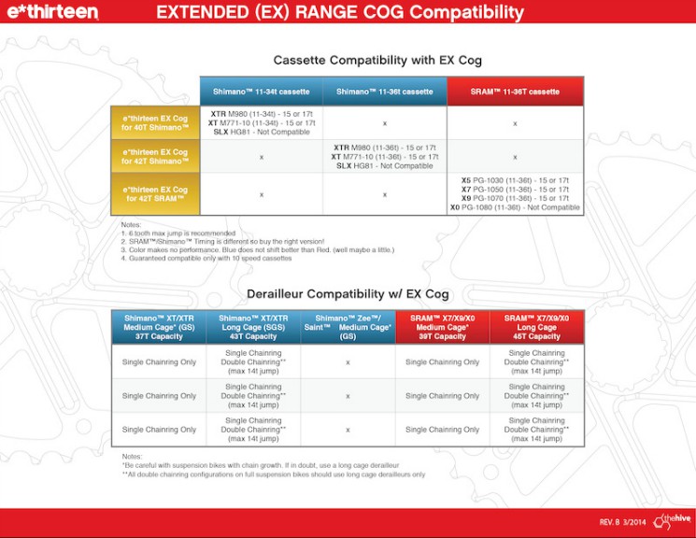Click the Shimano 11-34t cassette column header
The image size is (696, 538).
point(261,92)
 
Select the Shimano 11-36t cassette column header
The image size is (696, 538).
point(385,92)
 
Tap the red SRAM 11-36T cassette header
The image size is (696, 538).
point(515,92)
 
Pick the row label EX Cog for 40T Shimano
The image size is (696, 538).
point(155,123)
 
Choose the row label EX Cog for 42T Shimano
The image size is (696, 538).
point(155,157)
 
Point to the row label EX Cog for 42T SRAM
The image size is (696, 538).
point(155,194)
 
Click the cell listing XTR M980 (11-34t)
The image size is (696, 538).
point(261,123)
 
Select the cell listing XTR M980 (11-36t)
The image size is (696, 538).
point(385,157)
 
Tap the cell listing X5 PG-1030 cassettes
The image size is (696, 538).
point(515,194)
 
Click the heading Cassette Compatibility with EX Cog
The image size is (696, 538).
point(376,61)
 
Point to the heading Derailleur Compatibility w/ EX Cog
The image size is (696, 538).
point(348,294)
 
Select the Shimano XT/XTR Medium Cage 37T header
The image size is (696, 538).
point(160,328)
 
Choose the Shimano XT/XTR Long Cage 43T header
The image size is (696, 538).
point(253,328)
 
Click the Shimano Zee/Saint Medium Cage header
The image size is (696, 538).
point(347,328)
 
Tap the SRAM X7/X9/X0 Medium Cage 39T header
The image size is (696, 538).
point(441,328)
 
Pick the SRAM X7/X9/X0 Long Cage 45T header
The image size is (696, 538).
point(536,328)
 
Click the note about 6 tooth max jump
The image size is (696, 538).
point(178,233)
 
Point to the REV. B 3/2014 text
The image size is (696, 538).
point(623,521)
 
